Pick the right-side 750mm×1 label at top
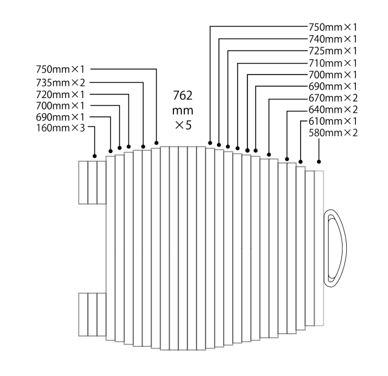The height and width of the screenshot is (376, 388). tap(333, 27)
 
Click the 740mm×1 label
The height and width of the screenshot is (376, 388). tap(333, 39)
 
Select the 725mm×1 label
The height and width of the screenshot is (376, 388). tap(333, 50)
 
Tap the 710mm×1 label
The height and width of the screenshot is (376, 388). tap(333, 62)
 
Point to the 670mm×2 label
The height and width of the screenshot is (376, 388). tap(333, 97)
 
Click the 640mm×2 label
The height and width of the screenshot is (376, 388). tap(333, 110)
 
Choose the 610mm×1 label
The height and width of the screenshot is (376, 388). tap(333, 121)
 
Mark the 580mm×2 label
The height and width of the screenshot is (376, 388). tap(333, 133)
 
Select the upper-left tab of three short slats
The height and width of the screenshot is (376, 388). tap(92, 182)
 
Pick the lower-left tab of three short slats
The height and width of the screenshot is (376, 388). tap(92, 314)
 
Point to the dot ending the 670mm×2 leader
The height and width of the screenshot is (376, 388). tap(269, 155)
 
